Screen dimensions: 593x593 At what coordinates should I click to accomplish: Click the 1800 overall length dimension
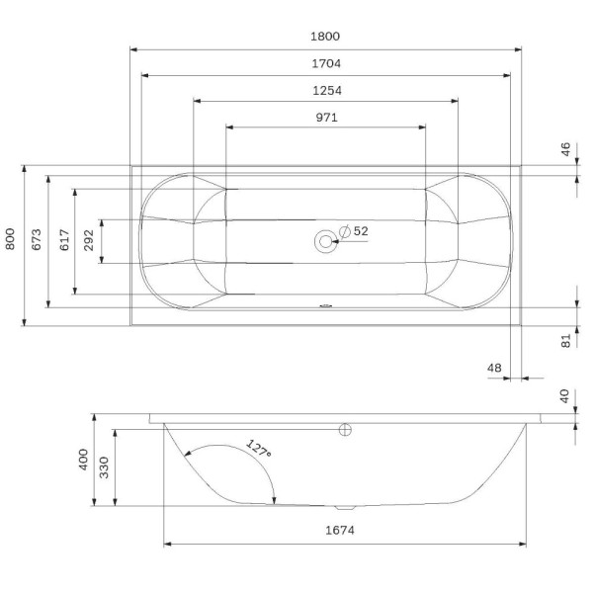click(x=326, y=37)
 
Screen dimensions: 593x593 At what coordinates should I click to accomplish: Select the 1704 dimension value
click(x=326, y=63)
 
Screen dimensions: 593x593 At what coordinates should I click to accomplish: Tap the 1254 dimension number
click(x=326, y=90)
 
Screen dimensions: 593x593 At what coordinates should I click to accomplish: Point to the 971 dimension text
click(x=327, y=117)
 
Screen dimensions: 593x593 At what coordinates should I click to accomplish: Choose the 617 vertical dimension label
click(x=63, y=239)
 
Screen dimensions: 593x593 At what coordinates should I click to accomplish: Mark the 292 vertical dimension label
click(x=90, y=239)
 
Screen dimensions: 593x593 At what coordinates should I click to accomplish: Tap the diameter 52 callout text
click(x=355, y=231)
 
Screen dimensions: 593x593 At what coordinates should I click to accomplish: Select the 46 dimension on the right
click(x=566, y=150)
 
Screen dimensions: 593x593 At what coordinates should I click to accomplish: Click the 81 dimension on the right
click(x=566, y=339)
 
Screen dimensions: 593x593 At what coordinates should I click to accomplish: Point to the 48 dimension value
click(x=494, y=369)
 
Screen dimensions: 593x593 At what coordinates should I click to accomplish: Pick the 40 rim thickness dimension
click(x=566, y=396)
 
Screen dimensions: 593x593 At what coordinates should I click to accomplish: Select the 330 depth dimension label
click(x=106, y=467)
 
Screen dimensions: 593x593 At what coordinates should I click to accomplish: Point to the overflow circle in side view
click(x=345, y=430)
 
